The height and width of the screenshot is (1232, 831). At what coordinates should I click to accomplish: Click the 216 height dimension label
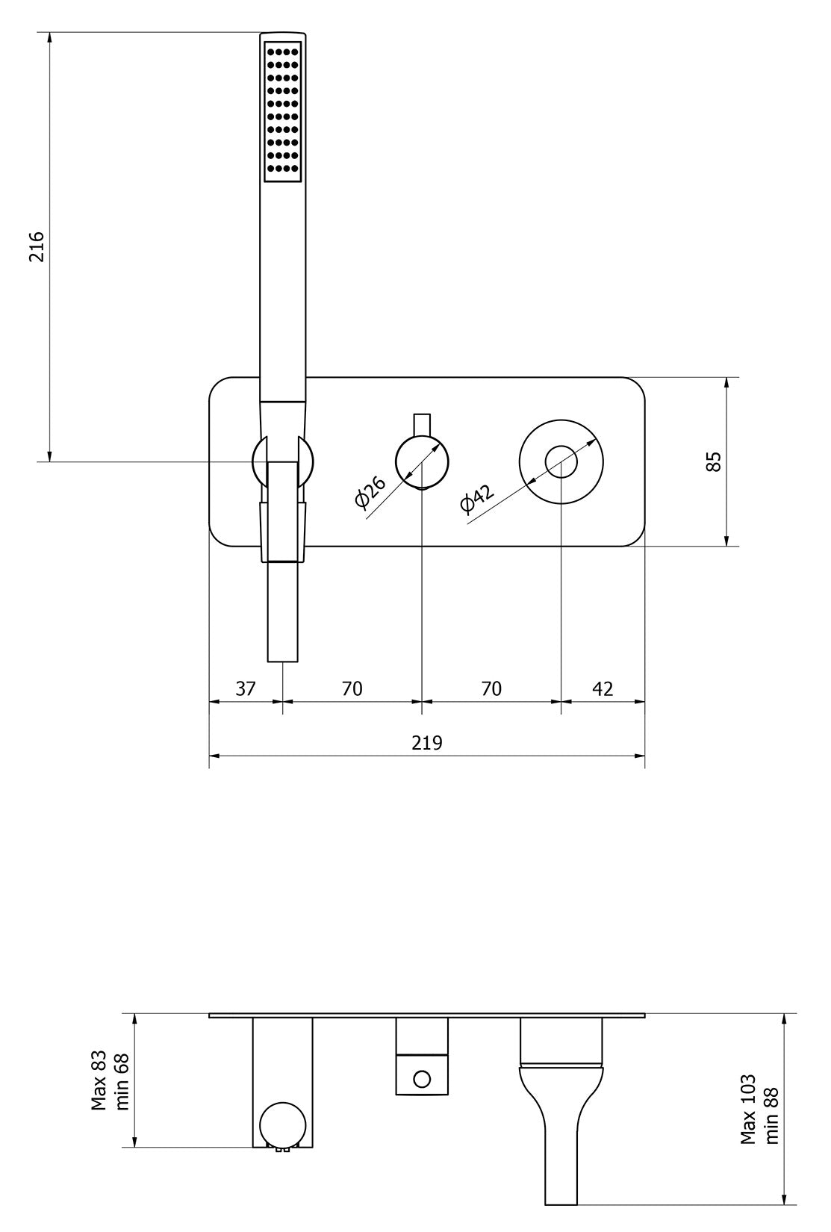(x=37, y=246)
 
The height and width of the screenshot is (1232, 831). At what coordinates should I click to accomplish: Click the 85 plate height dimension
(x=713, y=461)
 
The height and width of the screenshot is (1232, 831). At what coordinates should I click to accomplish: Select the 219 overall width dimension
(x=426, y=743)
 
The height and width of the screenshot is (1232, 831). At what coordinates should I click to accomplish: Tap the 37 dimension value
(x=245, y=688)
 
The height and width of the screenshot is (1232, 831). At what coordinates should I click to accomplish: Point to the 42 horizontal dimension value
(x=602, y=688)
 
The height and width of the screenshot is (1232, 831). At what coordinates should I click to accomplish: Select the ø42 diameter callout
(x=477, y=499)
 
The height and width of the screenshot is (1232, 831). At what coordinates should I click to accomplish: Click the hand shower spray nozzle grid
(x=283, y=109)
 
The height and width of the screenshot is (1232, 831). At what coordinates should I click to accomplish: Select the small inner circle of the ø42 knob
(x=561, y=461)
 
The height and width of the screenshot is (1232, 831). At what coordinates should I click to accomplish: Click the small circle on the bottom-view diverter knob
(x=422, y=1078)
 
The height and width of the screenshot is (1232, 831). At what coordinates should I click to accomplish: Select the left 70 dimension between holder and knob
(x=352, y=688)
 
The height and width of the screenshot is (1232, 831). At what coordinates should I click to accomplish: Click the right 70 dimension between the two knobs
(x=491, y=688)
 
